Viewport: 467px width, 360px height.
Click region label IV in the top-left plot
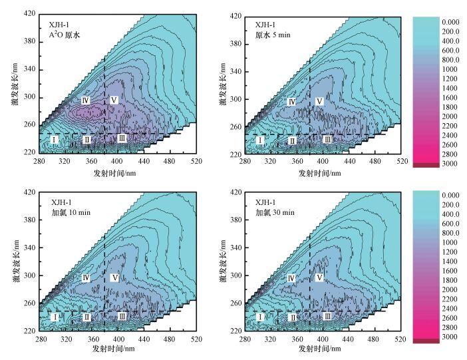coord(86,100)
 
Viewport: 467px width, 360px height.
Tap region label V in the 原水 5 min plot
coord(320,101)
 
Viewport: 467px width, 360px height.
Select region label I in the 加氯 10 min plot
coord(55,317)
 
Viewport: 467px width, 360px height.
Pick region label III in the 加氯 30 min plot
coord(327,317)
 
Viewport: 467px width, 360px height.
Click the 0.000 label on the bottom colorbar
coord(450,196)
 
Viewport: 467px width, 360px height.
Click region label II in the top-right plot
coord(292,140)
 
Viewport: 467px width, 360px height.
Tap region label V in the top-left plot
coord(114,100)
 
